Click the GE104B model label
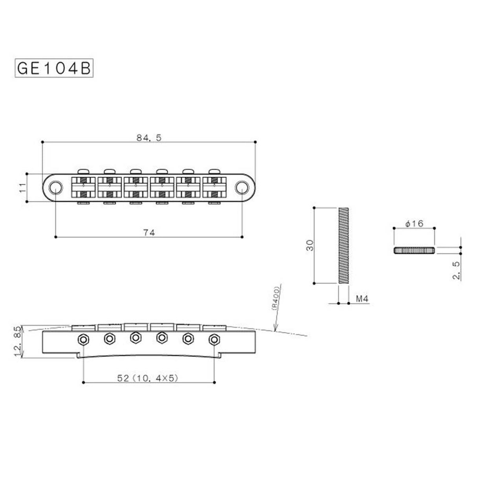click(x=54, y=68)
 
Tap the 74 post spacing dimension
click(x=149, y=233)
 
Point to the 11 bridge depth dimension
click(x=23, y=187)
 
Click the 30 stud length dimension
click(x=310, y=246)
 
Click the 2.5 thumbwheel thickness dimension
click(x=456, y=271)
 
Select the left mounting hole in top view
click(x=56, y=187)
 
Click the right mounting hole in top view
click(x=241, y=187)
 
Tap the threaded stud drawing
click(x=343, y=246)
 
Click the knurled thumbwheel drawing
click(x=414, y=250)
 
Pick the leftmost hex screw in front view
click(x=83, y=339)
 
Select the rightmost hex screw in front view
click(x=214, y=339)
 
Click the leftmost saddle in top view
click(x=83, y=187)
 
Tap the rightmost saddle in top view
click(x=214, y=187)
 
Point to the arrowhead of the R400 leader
click(x=273, y=329)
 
